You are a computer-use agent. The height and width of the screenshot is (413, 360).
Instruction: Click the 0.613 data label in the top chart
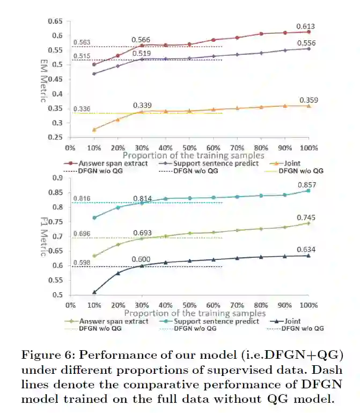click(305, 26)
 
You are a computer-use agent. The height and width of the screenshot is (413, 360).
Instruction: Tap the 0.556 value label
click(305, 43)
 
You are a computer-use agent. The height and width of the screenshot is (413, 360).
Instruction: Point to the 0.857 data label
click(305, 185)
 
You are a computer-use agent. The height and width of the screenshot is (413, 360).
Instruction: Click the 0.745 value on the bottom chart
click(305, 218)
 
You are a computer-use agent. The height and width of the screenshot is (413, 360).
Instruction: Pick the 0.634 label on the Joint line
click(305, 249)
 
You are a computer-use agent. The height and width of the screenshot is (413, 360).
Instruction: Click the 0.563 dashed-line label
click(82, 43)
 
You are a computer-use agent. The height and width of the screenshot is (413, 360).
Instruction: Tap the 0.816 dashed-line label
click(82, 198)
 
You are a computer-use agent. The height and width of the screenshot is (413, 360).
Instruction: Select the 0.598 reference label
click(82, 263)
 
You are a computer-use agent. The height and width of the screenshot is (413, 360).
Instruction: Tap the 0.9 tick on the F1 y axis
click(57, 178)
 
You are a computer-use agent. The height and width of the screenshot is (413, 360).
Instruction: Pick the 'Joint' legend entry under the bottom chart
click(290, 321)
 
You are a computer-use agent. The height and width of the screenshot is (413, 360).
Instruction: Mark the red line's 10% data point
click(94, 64)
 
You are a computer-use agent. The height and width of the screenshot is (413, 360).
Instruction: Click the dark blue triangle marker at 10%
click(94, 292)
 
